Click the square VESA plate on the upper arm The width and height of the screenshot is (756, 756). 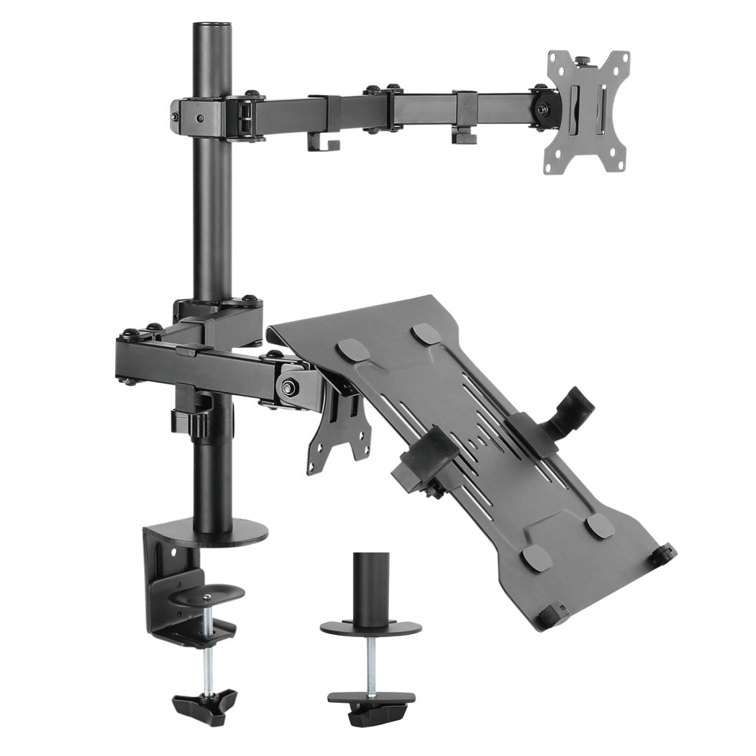pos(587,110)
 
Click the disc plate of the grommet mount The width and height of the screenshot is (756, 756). pos(371,627)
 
